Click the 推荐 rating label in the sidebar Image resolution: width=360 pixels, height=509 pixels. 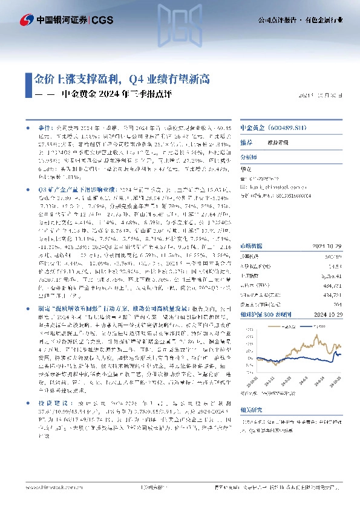(246, 143)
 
